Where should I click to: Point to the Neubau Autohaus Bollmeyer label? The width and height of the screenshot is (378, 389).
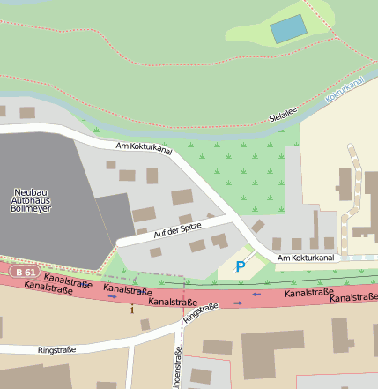pyautogui.click(x=34, y=202)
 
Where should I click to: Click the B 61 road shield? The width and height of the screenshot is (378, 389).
pyautogui.click(x=26, y=273)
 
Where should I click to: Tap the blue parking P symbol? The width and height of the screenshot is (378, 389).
pyautogui.click(x=241, y=266)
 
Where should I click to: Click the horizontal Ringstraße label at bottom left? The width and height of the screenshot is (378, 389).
pyautogui.click(x=56, y=350)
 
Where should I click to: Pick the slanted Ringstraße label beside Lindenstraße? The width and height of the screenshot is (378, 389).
pyautogui.click(x=201, y=312)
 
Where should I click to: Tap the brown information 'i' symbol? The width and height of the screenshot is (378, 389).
pyautogui.click(x=132, y=310)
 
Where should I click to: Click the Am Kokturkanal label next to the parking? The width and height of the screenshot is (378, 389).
pyautogui.click(x=306, y=258)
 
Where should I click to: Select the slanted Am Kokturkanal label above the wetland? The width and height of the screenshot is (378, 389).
pyautogui.click(x=143, y=149)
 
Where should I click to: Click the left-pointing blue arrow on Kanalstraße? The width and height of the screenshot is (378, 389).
pyautogui.click(x=256, y=294)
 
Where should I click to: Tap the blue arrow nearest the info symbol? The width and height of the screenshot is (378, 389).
pyautogui.click(x=112, y=297)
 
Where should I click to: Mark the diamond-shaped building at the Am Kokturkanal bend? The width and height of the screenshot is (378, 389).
pyautogui.click(x=257, y=227)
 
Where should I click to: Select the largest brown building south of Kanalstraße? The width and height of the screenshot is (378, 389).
pyautogui.click(x=274, y=356)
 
